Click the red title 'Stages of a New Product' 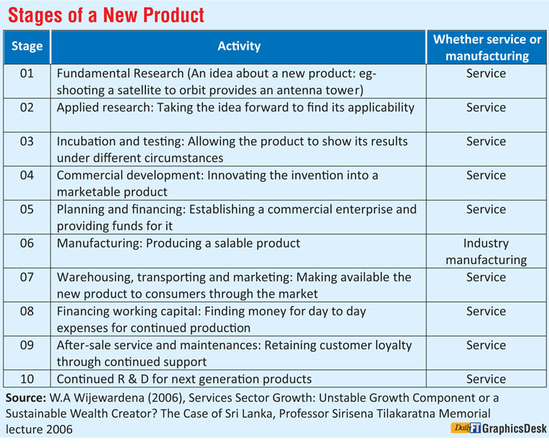point(106,15)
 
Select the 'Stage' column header point(27,46)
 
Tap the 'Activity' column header point(239,46)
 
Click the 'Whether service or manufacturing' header point(487,48)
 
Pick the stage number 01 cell point(27,73)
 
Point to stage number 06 point(27,243)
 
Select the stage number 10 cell point(27,379)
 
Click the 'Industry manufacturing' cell point(486,252)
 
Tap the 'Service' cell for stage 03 point(486,141)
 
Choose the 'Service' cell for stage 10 point(486,379)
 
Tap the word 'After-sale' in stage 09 point(83,345)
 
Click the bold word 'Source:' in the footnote point(26,398)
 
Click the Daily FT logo point(466,428)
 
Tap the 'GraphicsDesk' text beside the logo point(514,429)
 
